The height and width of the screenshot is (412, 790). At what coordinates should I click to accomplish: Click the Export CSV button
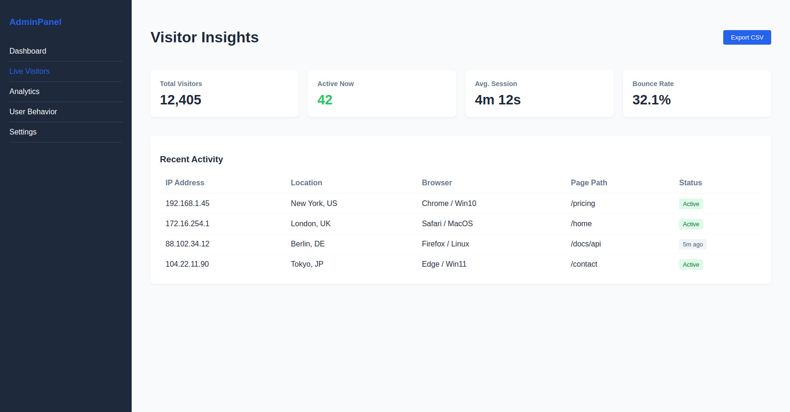click(x=747, y=38)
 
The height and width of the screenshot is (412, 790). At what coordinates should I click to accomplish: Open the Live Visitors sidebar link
click(x=30, y=71)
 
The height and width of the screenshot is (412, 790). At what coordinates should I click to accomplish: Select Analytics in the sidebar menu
click(x=24, y=92)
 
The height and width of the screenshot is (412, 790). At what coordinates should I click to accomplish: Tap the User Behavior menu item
click(x=33, y=112)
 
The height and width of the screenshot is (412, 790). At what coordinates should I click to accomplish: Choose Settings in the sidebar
click(x=23, y=132)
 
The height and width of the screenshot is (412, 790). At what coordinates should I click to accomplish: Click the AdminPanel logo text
click(x=35, y=22)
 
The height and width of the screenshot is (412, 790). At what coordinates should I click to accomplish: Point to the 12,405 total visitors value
click(x=181, y=100)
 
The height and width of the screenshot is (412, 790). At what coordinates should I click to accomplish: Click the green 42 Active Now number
click(x=325, y=100)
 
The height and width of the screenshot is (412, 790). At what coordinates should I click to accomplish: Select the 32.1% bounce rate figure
click(x=651, y=100)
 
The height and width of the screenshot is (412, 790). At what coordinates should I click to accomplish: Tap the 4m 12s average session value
click(x=498, y=100)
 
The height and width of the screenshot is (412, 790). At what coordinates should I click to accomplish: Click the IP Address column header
click(x=185, y=183)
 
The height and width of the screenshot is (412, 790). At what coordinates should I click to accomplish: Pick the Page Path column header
click(x=589, y=183)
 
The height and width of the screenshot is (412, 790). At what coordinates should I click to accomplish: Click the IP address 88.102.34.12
click(x=188, y=244)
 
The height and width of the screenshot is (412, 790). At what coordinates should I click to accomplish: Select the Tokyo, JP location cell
click(x=307, y=264)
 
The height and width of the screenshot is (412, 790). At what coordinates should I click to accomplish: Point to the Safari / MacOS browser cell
click(x=447, y=224)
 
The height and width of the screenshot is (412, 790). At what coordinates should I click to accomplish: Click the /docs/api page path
click(x=586, y=244)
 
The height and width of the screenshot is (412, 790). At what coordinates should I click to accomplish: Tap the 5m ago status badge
click(x=693, y=245)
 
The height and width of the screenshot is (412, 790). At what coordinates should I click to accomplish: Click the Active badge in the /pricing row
click(x=691, y=204)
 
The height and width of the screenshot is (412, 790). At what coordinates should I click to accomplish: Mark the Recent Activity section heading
click(x=191, y=159)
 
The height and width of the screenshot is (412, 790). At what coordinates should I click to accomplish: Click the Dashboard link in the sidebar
click(x=28, y=51)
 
